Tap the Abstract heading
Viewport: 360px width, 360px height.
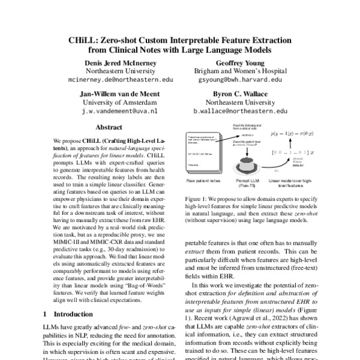point(109,128)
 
